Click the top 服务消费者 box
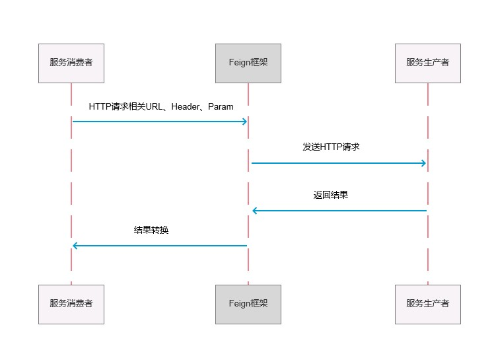[x=71, y=63]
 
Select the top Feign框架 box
[x=248, y=63]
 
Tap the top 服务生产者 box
[x=427, y=63]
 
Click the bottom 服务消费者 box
[x=71, y=304]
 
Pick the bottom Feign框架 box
[x=248, y=304]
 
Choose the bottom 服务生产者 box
[x=427, y=304]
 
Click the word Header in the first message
[x=185, y=106]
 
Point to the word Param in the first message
[x=221, y=106]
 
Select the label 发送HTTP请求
[x=331, y=147]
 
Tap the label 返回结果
[x=331, y=195]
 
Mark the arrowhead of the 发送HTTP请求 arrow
[x=423, y=163]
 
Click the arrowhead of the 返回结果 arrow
[x=255, y=211]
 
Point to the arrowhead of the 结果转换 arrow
[x=75, y=246]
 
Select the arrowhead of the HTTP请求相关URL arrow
[x=244, y=122]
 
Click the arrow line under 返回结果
[x=340, y=211]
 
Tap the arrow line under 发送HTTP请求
[x=337, y=163]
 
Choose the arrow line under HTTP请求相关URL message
[x=158, y=122]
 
